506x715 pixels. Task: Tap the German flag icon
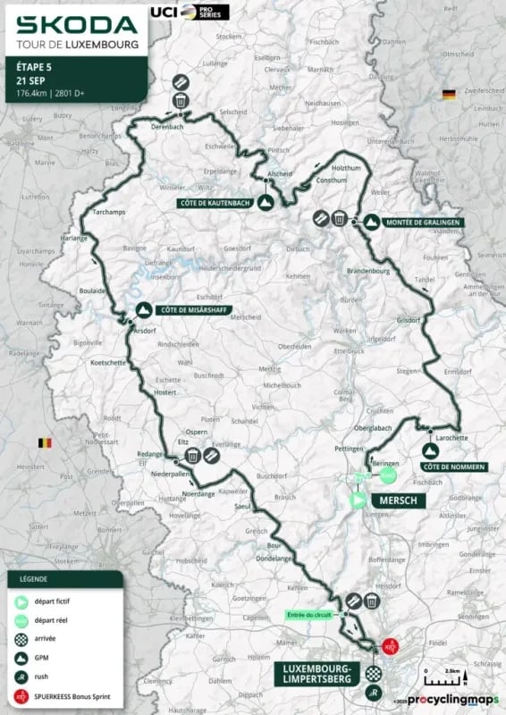[448, 94]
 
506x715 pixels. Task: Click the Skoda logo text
[77, 24]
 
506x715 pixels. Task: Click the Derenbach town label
[168, 128]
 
